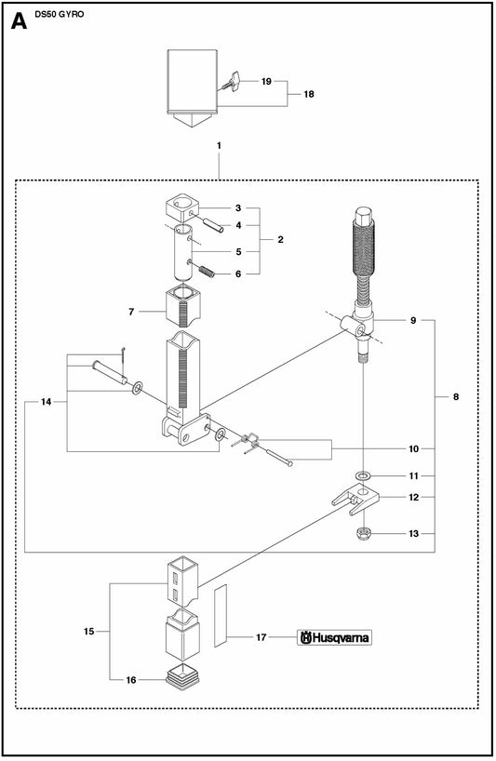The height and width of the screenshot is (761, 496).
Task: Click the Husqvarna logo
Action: coord(334,637)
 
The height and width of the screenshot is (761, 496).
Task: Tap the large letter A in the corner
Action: coord(19,20)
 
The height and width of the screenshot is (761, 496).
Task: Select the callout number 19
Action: coord(266,82)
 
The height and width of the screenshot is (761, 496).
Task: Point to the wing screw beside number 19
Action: coord(231,81)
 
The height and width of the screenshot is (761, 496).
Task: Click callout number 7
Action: coord(131,312)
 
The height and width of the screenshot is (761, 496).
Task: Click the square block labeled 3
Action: coord(181,207)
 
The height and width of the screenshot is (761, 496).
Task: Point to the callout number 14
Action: coord(47,402)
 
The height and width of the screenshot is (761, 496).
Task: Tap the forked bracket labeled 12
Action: coord(355,500)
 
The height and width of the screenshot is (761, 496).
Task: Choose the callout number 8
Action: coord(456,396)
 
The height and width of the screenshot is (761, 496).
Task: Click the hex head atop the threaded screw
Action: coord(364,216)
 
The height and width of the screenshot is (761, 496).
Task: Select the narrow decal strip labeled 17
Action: coord(221,616)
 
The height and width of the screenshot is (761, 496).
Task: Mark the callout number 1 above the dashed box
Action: coord(219,145)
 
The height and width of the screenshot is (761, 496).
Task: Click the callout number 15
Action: coord(88,632)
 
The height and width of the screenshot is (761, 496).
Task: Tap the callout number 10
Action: coord(413,449)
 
